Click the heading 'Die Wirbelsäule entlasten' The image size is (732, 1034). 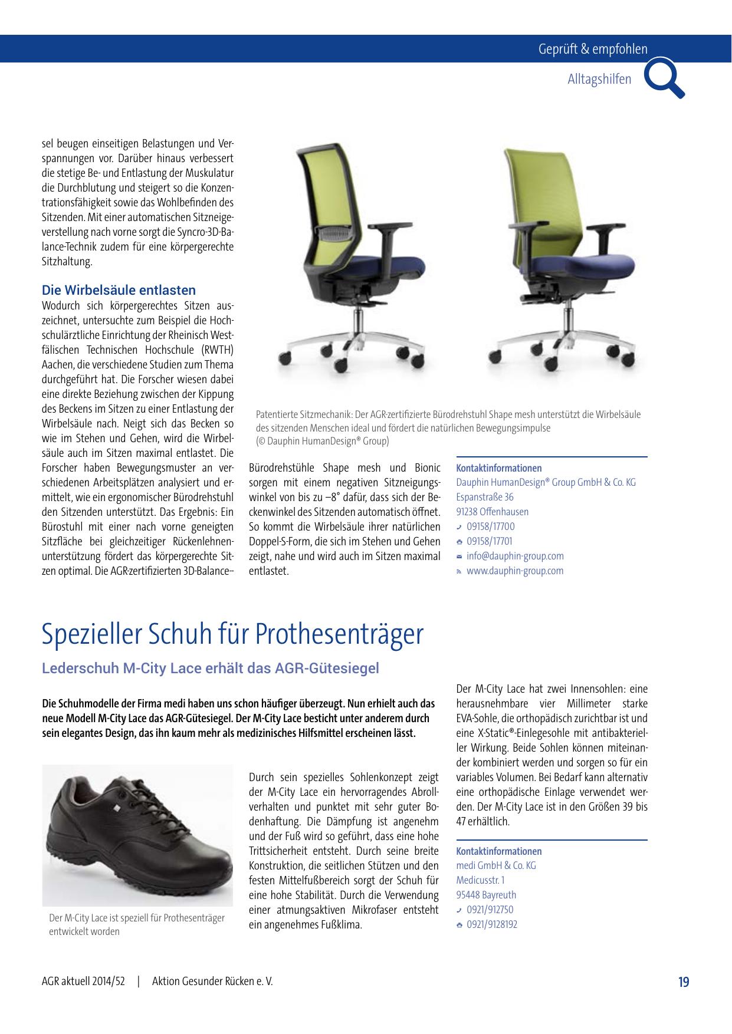[x=119, y=290]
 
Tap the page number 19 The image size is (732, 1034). [x=683, y=982]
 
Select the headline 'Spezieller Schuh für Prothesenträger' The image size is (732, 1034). [x=232, y=634]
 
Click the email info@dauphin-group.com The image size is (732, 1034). [x=515, y=556]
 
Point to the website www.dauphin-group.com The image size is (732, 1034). [x=515, y=571]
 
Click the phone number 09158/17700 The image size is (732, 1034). [x=490, y=526]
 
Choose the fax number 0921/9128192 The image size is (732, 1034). [x=492, y=924]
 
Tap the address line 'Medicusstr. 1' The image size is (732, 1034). [x=480, y=880]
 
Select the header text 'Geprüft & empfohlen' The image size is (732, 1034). [x=592, y=50]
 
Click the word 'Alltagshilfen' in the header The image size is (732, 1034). [x=599, y=79]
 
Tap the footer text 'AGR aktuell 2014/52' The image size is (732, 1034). [x=83, y=982]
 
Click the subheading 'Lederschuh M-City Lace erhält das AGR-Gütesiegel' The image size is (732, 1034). [x=210, y=669]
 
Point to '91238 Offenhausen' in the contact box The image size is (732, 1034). [x=493, y=512]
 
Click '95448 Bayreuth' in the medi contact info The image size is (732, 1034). [x=486, y=895]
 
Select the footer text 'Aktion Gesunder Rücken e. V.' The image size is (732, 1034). [x=212, y=982]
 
